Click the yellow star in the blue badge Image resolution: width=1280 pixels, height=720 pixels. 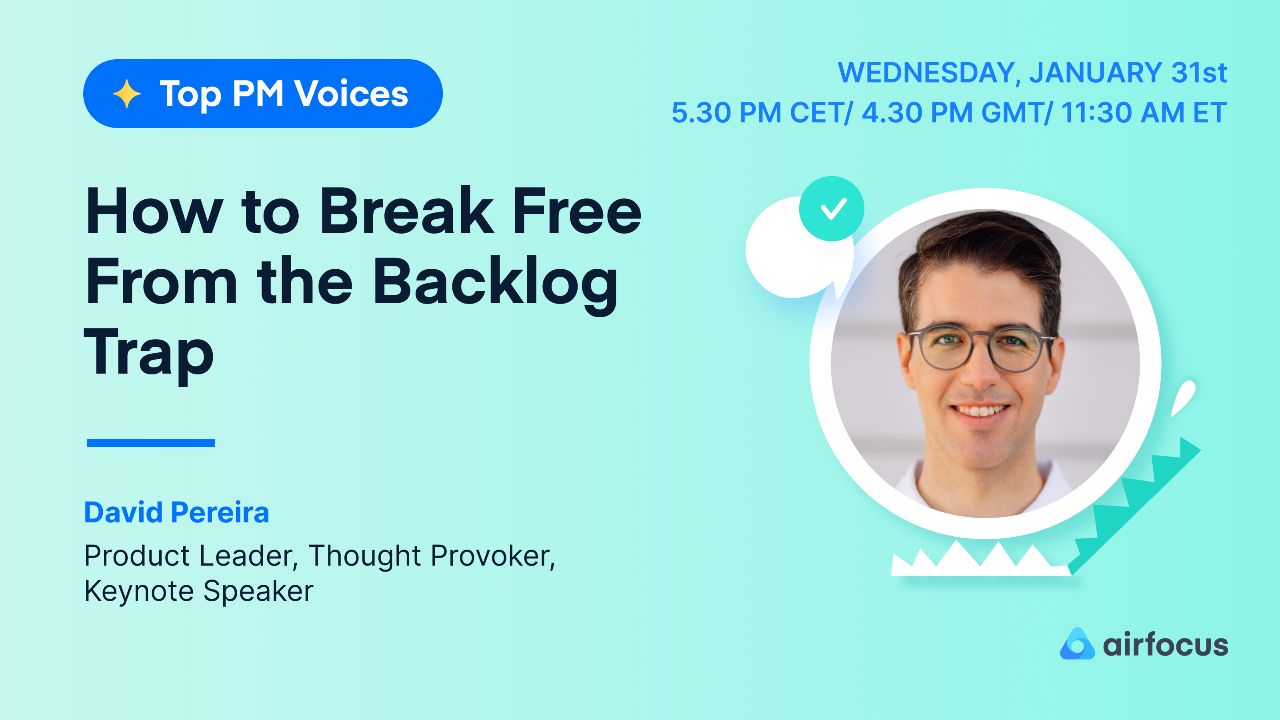[x=127, y=94]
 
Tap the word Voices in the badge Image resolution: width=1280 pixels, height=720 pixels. [x=351, y=94]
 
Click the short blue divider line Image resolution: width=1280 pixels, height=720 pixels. [x=151, y=443]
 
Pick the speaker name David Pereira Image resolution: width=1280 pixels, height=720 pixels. [x=176, y=512]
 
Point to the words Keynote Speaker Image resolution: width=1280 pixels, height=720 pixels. [x=199, y=591]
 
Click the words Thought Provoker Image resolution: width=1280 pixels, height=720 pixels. [x=431, y=555]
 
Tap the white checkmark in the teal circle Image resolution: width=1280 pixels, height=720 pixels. [x=833, y=209]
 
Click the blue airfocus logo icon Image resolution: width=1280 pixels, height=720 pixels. [x=1077, y=644]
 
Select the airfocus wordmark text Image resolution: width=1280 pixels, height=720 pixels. [x=1165, y=645]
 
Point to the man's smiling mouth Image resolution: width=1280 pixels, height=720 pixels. [x=980, y=412]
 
